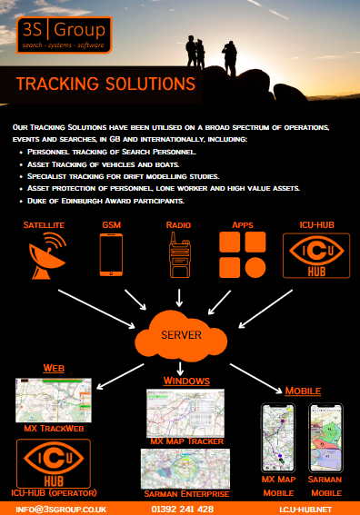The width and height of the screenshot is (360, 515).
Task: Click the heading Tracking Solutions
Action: (105, 84)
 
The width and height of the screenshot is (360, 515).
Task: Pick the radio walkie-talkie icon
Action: (178, 254)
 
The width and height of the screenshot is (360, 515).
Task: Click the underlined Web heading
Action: (55, 368)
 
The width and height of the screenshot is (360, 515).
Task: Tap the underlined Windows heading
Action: (187, 380)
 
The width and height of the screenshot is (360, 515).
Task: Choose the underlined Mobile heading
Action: (303, 391)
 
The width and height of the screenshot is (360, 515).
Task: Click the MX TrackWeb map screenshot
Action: (55, 399)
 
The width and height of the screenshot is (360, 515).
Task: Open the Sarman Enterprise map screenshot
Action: (185, 467)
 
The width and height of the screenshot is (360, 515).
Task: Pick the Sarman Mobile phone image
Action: (324, 437)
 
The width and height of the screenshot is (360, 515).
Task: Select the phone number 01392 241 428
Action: (179, 510)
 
